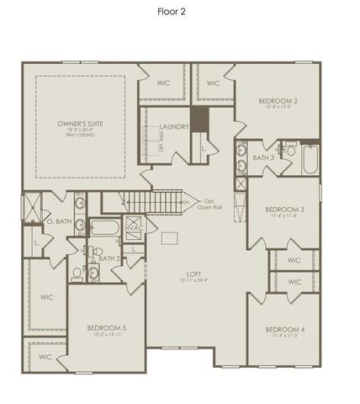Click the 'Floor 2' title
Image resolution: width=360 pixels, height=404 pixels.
click(x=179, y=12)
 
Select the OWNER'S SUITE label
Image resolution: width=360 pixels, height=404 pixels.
click(x=80, y=124)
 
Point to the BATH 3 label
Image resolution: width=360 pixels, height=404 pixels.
click(x=262, y=157)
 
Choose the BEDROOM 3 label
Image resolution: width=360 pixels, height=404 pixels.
click(x=283, y=209)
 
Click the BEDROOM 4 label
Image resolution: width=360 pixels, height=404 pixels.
click(x=283, y=329)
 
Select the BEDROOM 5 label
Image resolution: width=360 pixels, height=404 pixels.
click(x=107, y=327)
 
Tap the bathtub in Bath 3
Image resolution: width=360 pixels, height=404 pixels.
click(x=310, y=160)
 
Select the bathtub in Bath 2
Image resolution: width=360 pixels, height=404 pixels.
click(x=104, y=227)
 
